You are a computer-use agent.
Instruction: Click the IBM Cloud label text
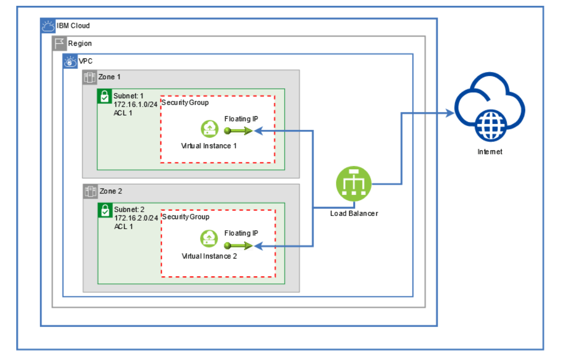pyautogui.click(x=73, y=25)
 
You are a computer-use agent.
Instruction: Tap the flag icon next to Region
pyautogui.click(x=59, y=43)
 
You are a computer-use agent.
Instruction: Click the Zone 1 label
pyautogui.click(x=109, y=77)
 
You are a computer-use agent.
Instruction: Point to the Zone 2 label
pyautogui.click(x=110, y=191)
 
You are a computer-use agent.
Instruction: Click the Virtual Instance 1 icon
pyautogui.click(x=209, y=129)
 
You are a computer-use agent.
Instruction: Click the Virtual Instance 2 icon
pyautogui.click(x=209, y=240)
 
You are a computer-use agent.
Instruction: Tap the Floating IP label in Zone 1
pyautogui.click(x=241, y=119)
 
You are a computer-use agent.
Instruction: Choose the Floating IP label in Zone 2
pyautogui.click(x=241, y=233)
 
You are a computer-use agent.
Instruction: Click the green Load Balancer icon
pyautogui.click(x=354, y=184)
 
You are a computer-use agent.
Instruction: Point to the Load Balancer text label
pyautogui.click(x=354, y=213)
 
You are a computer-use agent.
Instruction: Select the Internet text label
pyautogui.click(x=490, y=151)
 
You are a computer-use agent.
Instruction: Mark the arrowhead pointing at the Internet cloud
pyautogui.click(x=450, y=112)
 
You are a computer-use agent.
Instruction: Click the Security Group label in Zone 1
pyautogui.click(x=185, y=102)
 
